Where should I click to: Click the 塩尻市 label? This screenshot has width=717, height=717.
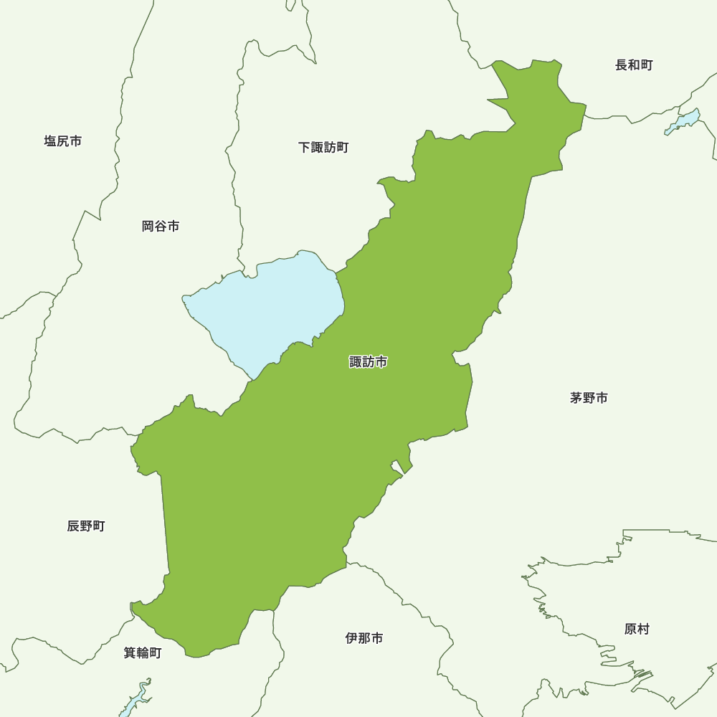click(63, 141)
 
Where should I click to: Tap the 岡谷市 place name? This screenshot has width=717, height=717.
click(161, 227)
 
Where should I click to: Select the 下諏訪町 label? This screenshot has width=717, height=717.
click(323, 148)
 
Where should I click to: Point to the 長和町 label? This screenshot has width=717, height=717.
click(634, 65)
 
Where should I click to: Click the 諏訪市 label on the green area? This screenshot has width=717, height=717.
click(369, 362)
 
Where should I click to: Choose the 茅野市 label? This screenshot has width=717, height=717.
click(589, 398)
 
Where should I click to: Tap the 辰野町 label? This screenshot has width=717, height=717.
click(86, 526)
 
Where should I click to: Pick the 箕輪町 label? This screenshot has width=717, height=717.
click(143, 653)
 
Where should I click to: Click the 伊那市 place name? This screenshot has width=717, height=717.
click(364, 638)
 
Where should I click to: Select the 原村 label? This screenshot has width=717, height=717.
click(637, 630)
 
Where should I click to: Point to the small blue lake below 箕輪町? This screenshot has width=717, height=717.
click(134, 699)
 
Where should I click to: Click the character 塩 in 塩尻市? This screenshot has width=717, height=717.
click(51, 141)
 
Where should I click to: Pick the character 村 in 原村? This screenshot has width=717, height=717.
click(643, 630)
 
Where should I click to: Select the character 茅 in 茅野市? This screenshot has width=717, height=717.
click(576, 398)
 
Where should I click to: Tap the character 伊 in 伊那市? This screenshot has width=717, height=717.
click(352, 638)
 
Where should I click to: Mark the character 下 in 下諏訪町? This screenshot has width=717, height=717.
click(305, 148)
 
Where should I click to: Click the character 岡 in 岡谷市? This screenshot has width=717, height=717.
click(148, 227)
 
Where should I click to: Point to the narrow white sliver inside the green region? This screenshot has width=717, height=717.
click(397, 467)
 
